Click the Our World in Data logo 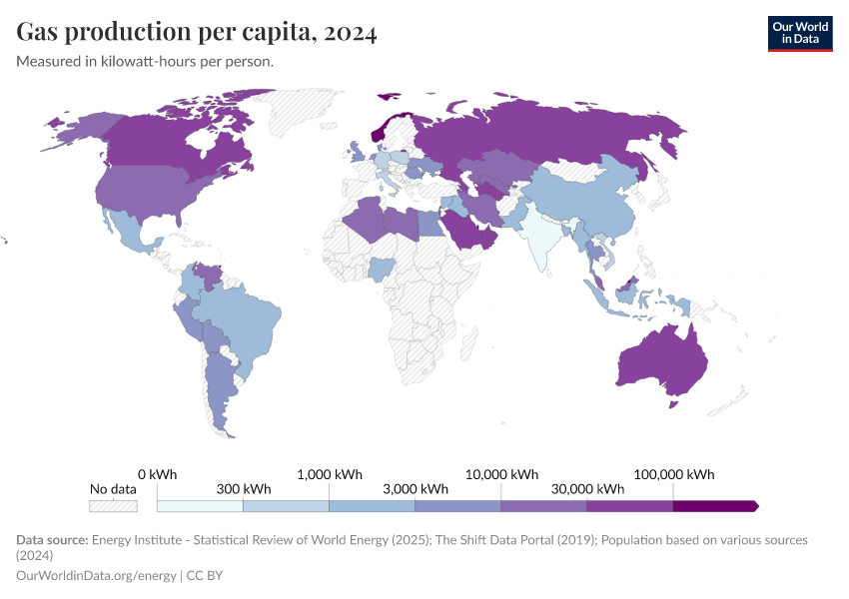tap(799, 33)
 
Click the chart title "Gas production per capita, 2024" tap(197, 32)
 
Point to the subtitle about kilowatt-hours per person tap(145, 61)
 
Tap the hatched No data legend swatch tap(113, 506)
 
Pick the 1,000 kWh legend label tap(331, 474)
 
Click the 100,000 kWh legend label tap(674, 474)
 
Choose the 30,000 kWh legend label tap(587, 489)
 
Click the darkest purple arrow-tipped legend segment tap(714, 506)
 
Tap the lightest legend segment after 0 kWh tap(200, 506)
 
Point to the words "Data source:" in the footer tap(52, 539)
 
